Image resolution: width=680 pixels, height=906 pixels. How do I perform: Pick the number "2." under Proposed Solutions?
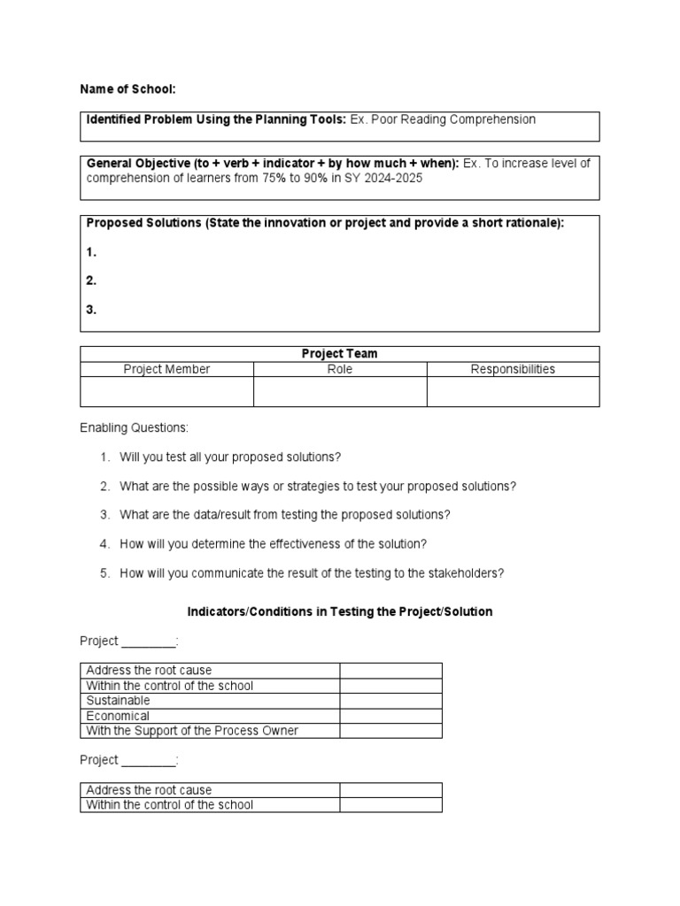(91, 280)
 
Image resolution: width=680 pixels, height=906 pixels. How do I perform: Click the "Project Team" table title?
(339, 354)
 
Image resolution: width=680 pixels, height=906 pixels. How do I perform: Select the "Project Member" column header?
(166, 369)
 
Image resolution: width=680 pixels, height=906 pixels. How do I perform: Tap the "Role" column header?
(340, 369)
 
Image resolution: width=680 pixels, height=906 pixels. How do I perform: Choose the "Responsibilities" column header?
(513, 369)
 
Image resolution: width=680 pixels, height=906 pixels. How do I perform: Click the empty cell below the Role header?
(340, 391)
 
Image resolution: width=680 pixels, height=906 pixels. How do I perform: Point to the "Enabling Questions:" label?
(134, 427)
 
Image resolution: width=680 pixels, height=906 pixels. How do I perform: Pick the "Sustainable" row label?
(118, 701)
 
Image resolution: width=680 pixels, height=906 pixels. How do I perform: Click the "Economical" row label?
(118, 716)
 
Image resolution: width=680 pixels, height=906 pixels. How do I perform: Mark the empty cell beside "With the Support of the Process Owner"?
(390, 731)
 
